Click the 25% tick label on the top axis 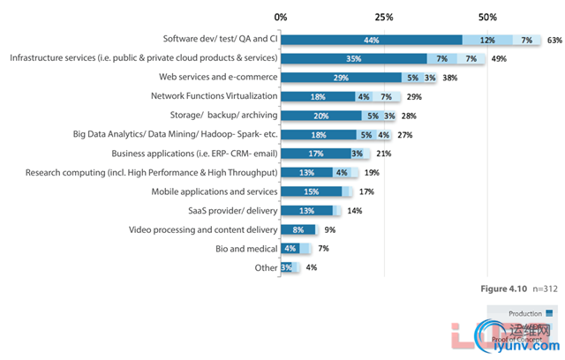pyautogui.click(x=384, y=18)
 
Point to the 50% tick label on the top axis pyautogui.click(x=487, y=18)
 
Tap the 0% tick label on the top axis pyautogui.click(x=281, y=18)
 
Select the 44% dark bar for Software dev pyautogui.click(x=372, y=40)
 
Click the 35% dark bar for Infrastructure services pyautogui.click(x=353, y=58)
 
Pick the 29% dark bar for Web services pyautogui.click(x=341, y=78)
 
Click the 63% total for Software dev pyautogui.click(x=554, y=40)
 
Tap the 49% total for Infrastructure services pyautogui.click(x=498, y=58)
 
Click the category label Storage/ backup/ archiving pyautogui.click(x=223, y=116)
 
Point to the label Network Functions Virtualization pyautogui.click(x=215, y=96)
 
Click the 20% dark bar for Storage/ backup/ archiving pyautogui.click(x=321, y=116)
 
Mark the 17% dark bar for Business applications pyautogui.click(x=315, y=154)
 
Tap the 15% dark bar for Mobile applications pyautogui.click(x=312, y=191)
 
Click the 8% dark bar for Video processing pyautogui.click(x=298, y=229)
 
